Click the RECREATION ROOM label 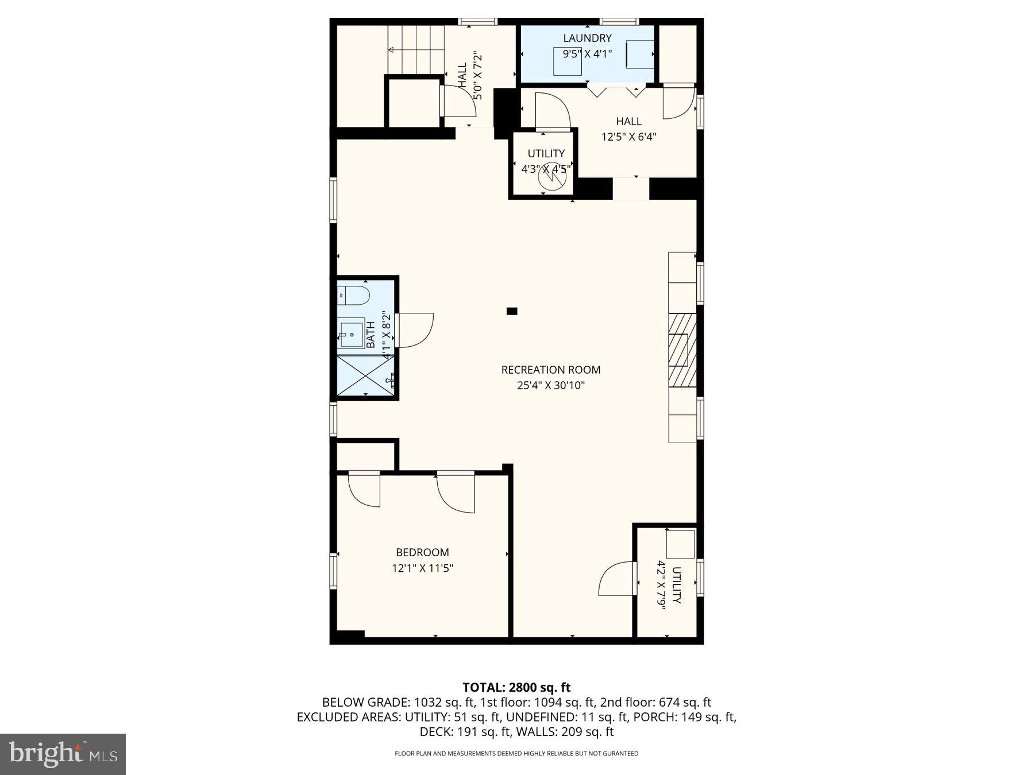click(550, 370)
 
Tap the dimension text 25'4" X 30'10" click(550, 385)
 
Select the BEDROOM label click(422, 552)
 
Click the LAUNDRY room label click(587, 38)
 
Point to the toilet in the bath click(354, 296)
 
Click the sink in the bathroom click(350, 333)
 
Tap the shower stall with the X click(364, 375)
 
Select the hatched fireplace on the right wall click(682, 350)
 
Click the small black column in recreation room click(512, 311)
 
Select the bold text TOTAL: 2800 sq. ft click(516, 687)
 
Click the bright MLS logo click(63, 754)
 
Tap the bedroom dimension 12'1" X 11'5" click(422, 568)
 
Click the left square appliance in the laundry click(567, 61)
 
